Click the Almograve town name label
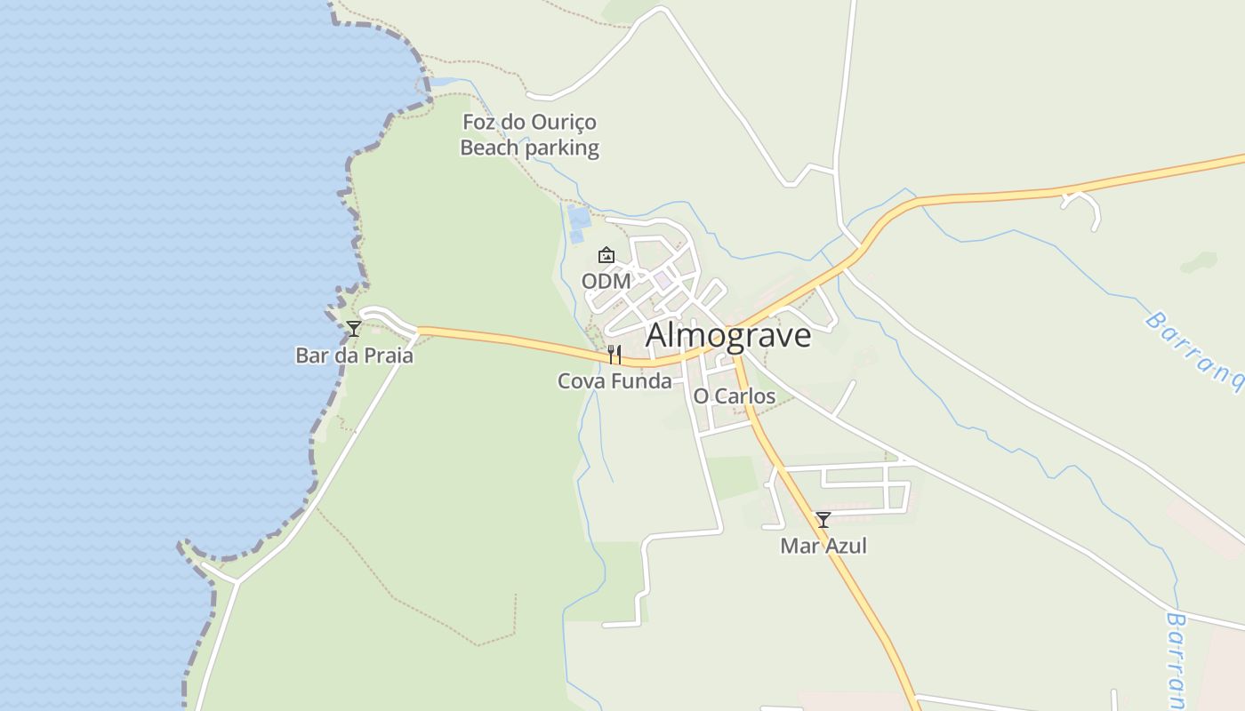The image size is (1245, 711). click(728, 336)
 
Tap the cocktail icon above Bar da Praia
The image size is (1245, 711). click(354, 329)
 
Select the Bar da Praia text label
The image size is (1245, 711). click(354, 355)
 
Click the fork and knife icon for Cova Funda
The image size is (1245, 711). click(614, 355)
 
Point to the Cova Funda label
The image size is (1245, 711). click(614, 381)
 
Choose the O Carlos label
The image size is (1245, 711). click(734, 396)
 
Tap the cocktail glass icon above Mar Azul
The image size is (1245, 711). click(823, 520)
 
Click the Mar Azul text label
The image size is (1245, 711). click(823, 546)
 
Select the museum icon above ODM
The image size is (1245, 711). click(606, 256)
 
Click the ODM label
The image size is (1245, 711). click(606, 282)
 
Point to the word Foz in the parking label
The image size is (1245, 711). click(478, 122)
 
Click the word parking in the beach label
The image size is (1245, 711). click(562, 148)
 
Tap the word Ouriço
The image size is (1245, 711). click(563, 123)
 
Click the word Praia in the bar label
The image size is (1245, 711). click(388, 355)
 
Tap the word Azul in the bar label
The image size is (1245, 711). click(846, 546)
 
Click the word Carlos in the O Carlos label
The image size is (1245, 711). click(744, 396)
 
